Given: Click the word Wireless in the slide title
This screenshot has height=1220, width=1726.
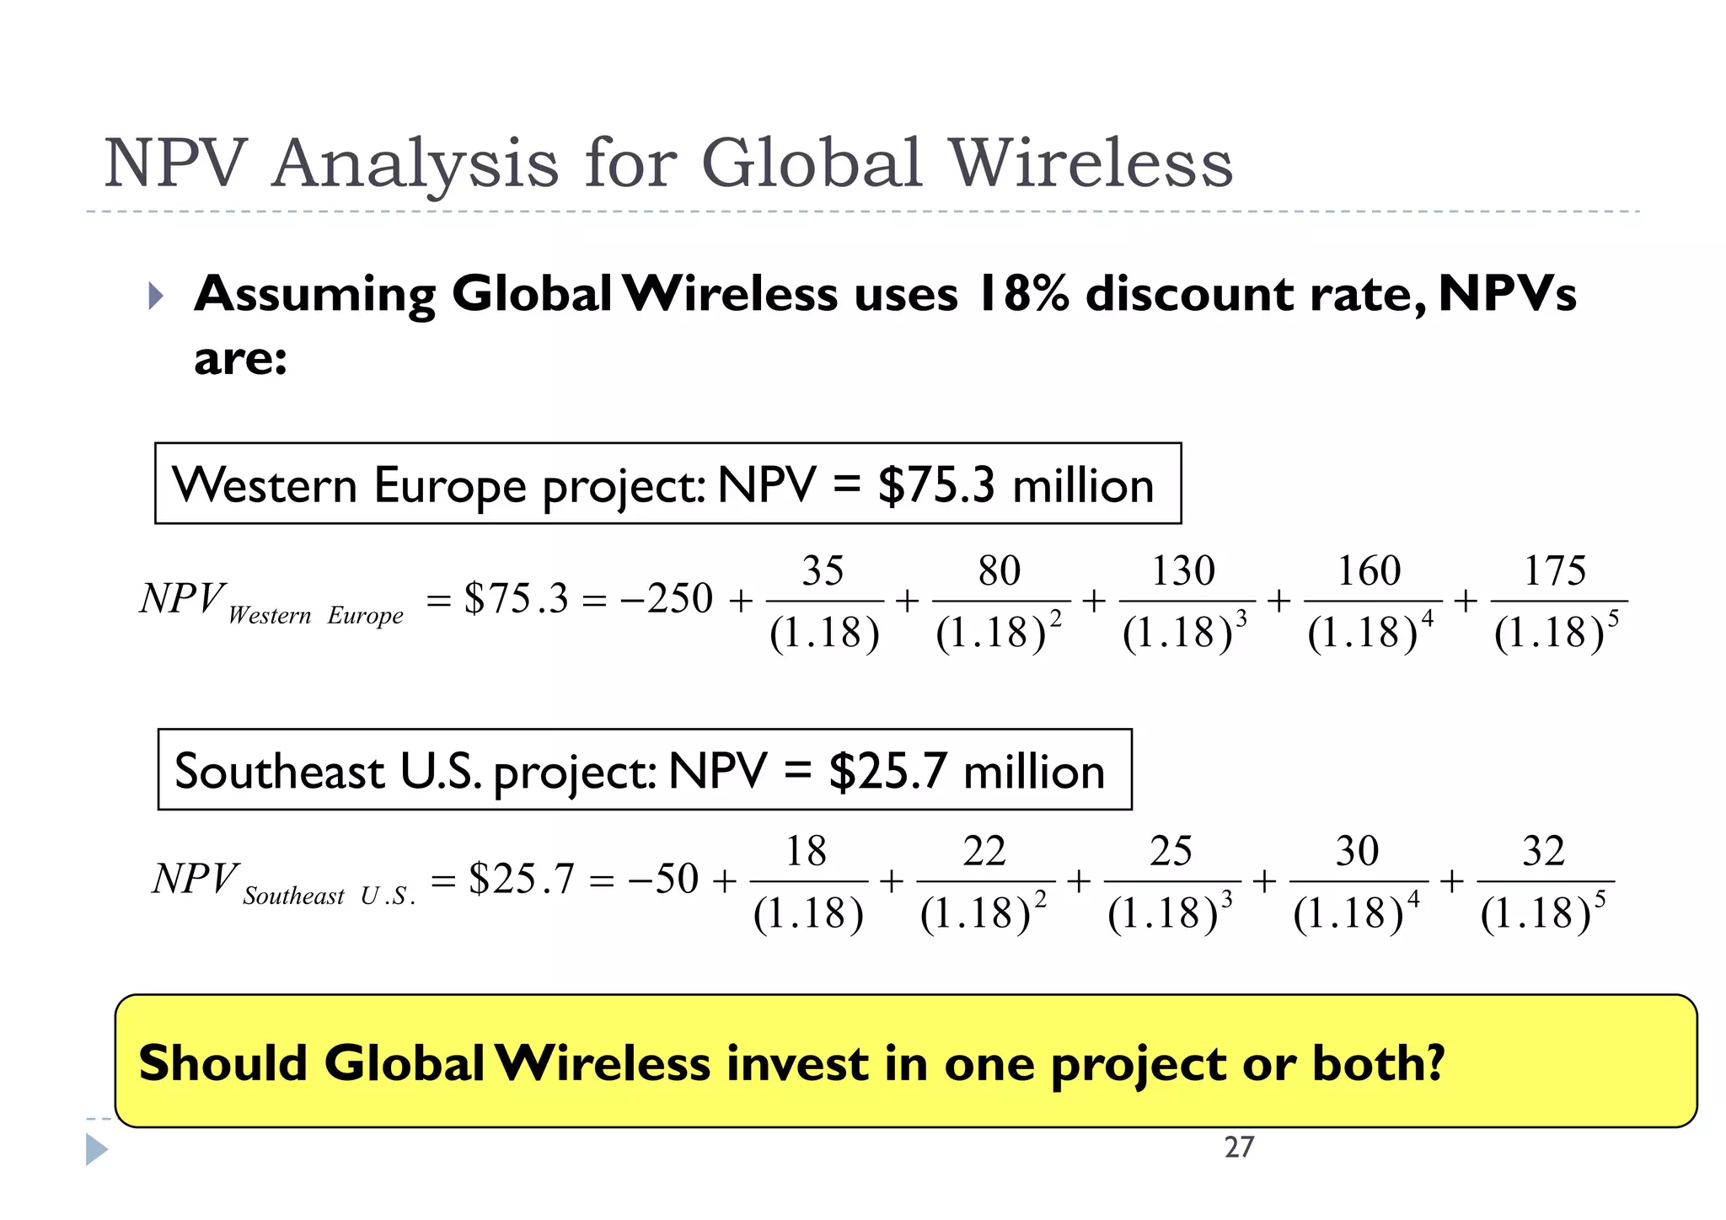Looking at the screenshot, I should [1091, 163].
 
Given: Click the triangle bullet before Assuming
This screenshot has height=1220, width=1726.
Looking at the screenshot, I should [155, 296].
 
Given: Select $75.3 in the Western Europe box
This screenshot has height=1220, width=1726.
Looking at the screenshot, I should [935, 485].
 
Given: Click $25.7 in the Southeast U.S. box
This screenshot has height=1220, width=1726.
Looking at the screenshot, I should [887, 771].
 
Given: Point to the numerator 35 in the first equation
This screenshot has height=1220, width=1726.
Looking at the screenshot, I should [823, 571].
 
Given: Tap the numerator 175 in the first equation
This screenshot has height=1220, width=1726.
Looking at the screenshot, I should [1554, 571].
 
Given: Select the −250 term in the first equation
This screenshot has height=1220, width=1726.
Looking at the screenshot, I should [667, 599].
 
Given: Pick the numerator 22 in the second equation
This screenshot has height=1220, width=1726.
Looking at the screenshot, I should [984, 851].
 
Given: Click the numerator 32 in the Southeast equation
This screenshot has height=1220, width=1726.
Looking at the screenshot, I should [1543, 851].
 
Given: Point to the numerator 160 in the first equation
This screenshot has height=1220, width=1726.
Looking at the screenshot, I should [1369, 571].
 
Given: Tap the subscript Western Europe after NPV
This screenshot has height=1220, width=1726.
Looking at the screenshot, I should [315, 616].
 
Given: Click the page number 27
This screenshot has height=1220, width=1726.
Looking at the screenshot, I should [1239, 1147].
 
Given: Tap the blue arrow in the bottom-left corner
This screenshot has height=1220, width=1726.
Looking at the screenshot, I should [96, 1150].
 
